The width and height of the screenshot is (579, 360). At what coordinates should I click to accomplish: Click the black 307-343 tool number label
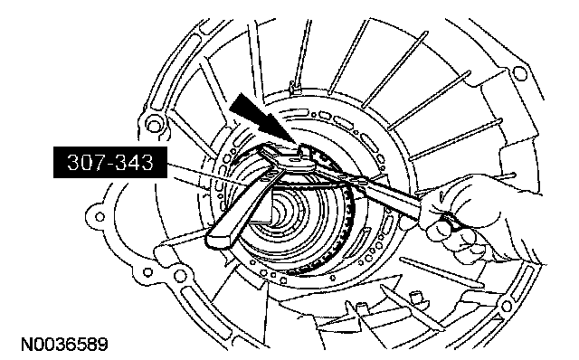110,162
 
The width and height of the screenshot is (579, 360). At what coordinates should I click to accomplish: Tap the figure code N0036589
64,344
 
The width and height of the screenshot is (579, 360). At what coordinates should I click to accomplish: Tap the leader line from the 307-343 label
207,175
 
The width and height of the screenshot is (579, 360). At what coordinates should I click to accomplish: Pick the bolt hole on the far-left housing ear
100,217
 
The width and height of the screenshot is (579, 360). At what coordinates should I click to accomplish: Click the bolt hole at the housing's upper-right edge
520,72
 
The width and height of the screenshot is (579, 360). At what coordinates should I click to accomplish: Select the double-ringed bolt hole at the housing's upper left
154,123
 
